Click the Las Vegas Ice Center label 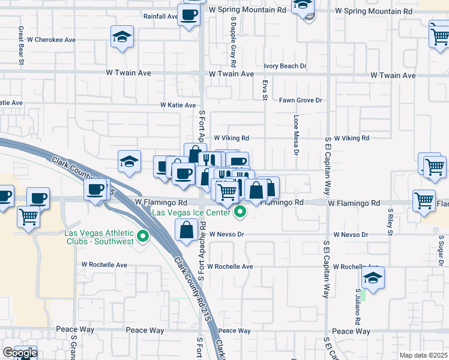pyautogui.click(x=190, y=212)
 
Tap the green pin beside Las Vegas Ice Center pyautogui.click(x=240, y=211)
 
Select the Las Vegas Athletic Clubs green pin pyautogui.click(x=143, y=238)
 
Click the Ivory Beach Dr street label pyautogui.click(x=285, y=66)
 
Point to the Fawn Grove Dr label pyautogui.click(x=301, y=100)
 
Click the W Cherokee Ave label pyautogui.click(x=52, y=40)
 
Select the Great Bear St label pyautogui.click(x=21, y=44)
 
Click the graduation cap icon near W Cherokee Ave pyautogui.click(x=122, y=37)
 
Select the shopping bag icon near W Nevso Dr pyautogui.click(x=187, y=229)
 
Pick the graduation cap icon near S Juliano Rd pyautogui.click(x=373, y=278)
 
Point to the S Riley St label pyautogui.click(x=390, y=225)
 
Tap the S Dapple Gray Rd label pyautogui.click(x=234, y=42)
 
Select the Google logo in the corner pyautogui.click(x=20, y=353)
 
